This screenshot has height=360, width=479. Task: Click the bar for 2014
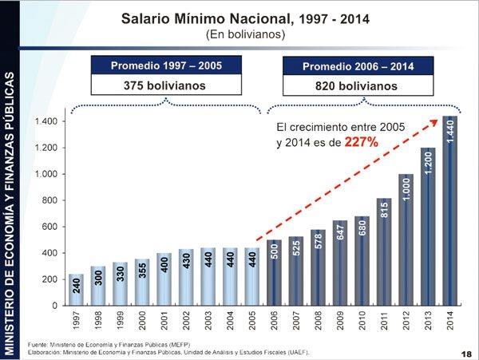pos(450,212)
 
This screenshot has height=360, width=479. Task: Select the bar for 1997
pos(77,290)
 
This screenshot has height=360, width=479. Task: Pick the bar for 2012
pos(406,239)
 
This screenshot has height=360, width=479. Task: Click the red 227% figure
pos(361,142)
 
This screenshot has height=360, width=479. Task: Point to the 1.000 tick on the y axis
pos(46,174)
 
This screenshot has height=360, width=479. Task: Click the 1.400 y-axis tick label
pos(46,121)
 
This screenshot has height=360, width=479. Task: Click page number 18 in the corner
pos(465,352)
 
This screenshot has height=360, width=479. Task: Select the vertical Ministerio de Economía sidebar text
pos(10,212)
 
